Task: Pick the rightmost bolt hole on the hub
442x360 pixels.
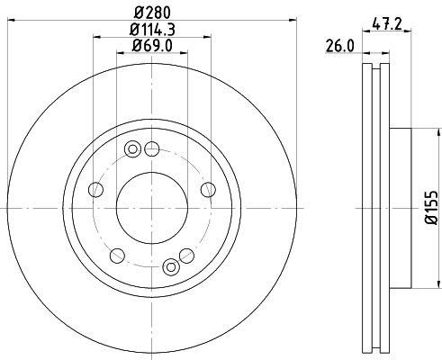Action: (208, 188)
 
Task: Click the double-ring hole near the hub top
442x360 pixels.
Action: (133, 149)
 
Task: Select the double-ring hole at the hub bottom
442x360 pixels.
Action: (171, 265)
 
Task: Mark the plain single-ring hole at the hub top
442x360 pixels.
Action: (152, 148)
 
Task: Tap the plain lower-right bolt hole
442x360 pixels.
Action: (189, 254)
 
